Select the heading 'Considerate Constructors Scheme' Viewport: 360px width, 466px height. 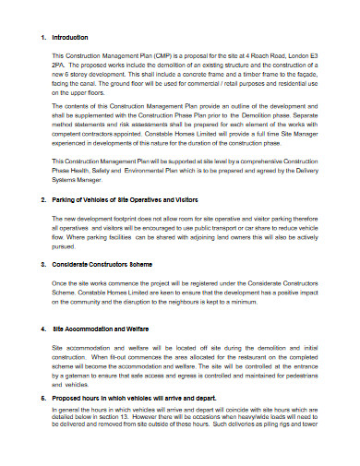(x=102, y=265)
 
